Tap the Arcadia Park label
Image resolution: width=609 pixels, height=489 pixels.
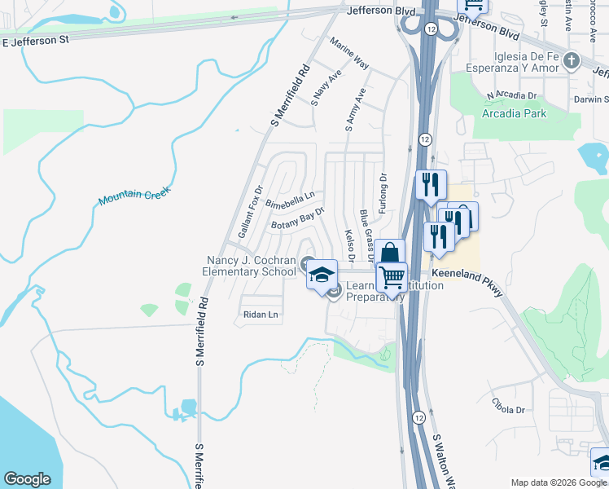514,113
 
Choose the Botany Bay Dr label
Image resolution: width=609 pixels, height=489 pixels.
298,218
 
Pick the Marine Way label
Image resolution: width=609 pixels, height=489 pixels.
349,53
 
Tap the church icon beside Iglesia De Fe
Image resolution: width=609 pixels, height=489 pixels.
572,60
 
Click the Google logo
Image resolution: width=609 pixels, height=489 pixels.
27,479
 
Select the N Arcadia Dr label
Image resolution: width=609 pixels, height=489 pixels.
511,95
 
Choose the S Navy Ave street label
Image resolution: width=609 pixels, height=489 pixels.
326,88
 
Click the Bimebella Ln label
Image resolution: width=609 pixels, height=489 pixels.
290,199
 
